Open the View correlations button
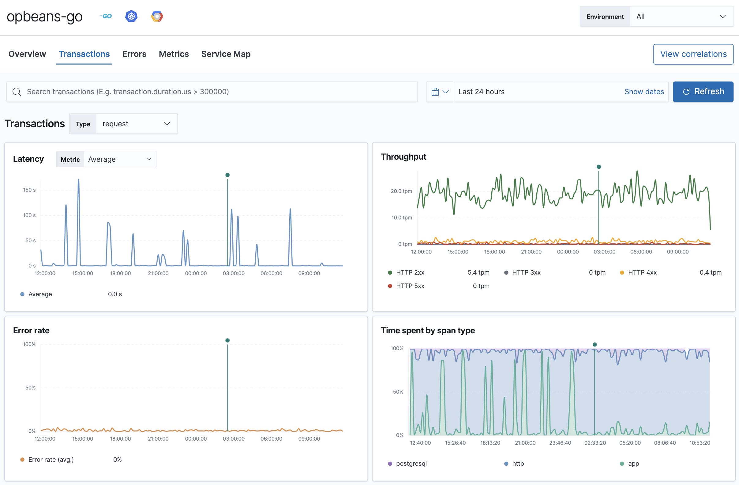point(693,54)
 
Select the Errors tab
point(134,54)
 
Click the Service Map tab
point(226,54)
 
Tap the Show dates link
point(644,92)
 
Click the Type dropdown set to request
point(136,124)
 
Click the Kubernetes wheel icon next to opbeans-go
point(131,16)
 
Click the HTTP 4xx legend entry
point(642,272)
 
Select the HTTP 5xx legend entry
point(410,286)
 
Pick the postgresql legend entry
point(411,464)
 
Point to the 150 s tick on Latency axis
point(29,190)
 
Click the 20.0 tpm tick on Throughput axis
point(401,191)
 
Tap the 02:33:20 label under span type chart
point(595,443)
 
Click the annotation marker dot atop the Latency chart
point(227,175)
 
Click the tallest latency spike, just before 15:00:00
point(79,180)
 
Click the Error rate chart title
point(31,331)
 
